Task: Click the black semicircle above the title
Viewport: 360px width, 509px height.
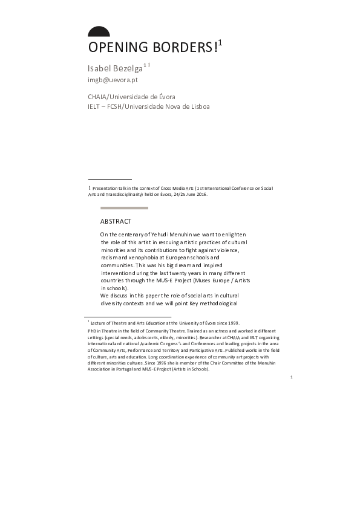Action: point(99,33)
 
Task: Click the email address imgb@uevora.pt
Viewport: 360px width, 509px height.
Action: point(113,79)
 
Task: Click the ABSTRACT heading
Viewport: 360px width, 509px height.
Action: point(116,221)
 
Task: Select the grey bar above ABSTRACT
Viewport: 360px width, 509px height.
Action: point(124,208)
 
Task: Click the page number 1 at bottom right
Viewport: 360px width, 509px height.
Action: point(291,377)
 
